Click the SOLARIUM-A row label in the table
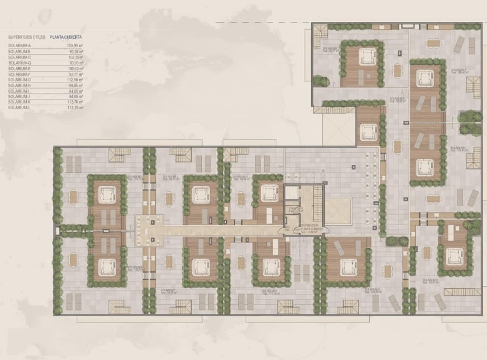(20, 45)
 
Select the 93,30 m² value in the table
(75, 52)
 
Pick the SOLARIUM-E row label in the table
(20, 68)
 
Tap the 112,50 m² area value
(75, 80)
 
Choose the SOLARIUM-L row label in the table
(19, 107)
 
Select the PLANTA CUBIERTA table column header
(66, 36)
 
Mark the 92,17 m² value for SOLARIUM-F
(76, 74)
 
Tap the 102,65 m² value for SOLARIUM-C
(75, 57)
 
